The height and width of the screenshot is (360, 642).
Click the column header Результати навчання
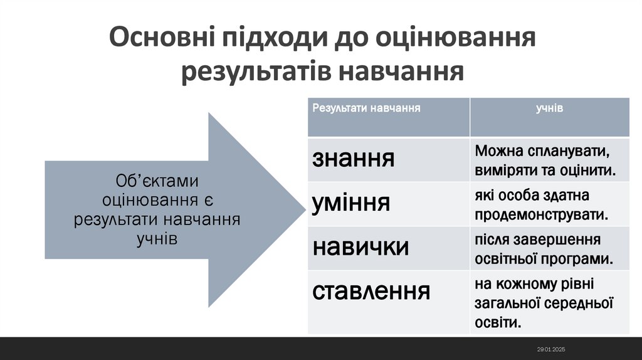tap(366, 108)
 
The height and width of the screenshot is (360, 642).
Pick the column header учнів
tap(549, 108)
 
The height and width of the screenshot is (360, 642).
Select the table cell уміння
tap(351, 203)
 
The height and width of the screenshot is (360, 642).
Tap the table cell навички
tap(360, 246)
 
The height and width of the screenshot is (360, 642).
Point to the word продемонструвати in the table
tap(542, 214)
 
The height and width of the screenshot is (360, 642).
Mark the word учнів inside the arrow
tap(156, 239)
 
